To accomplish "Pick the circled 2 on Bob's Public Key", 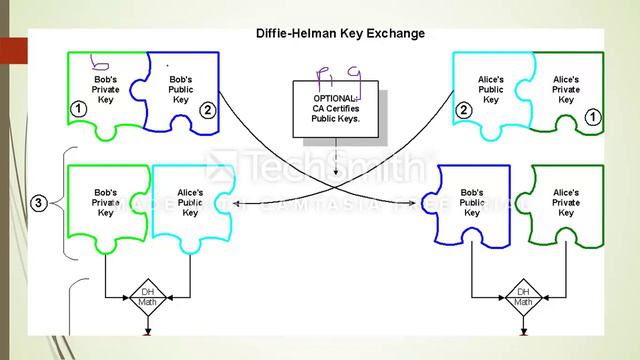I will pyautogui.click(x=207, y=110).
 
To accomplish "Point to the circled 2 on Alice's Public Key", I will pyautogui.click(x=463, y=110).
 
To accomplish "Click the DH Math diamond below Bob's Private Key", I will pyautogui.click(x=147, y=296).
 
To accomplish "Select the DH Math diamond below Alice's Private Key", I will pyautogui.click(x=522, y=296).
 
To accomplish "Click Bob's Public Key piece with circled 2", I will pyautogui.click(x=181, y=90).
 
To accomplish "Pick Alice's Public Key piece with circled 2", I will pyautogui.click(x=491, y=90).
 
